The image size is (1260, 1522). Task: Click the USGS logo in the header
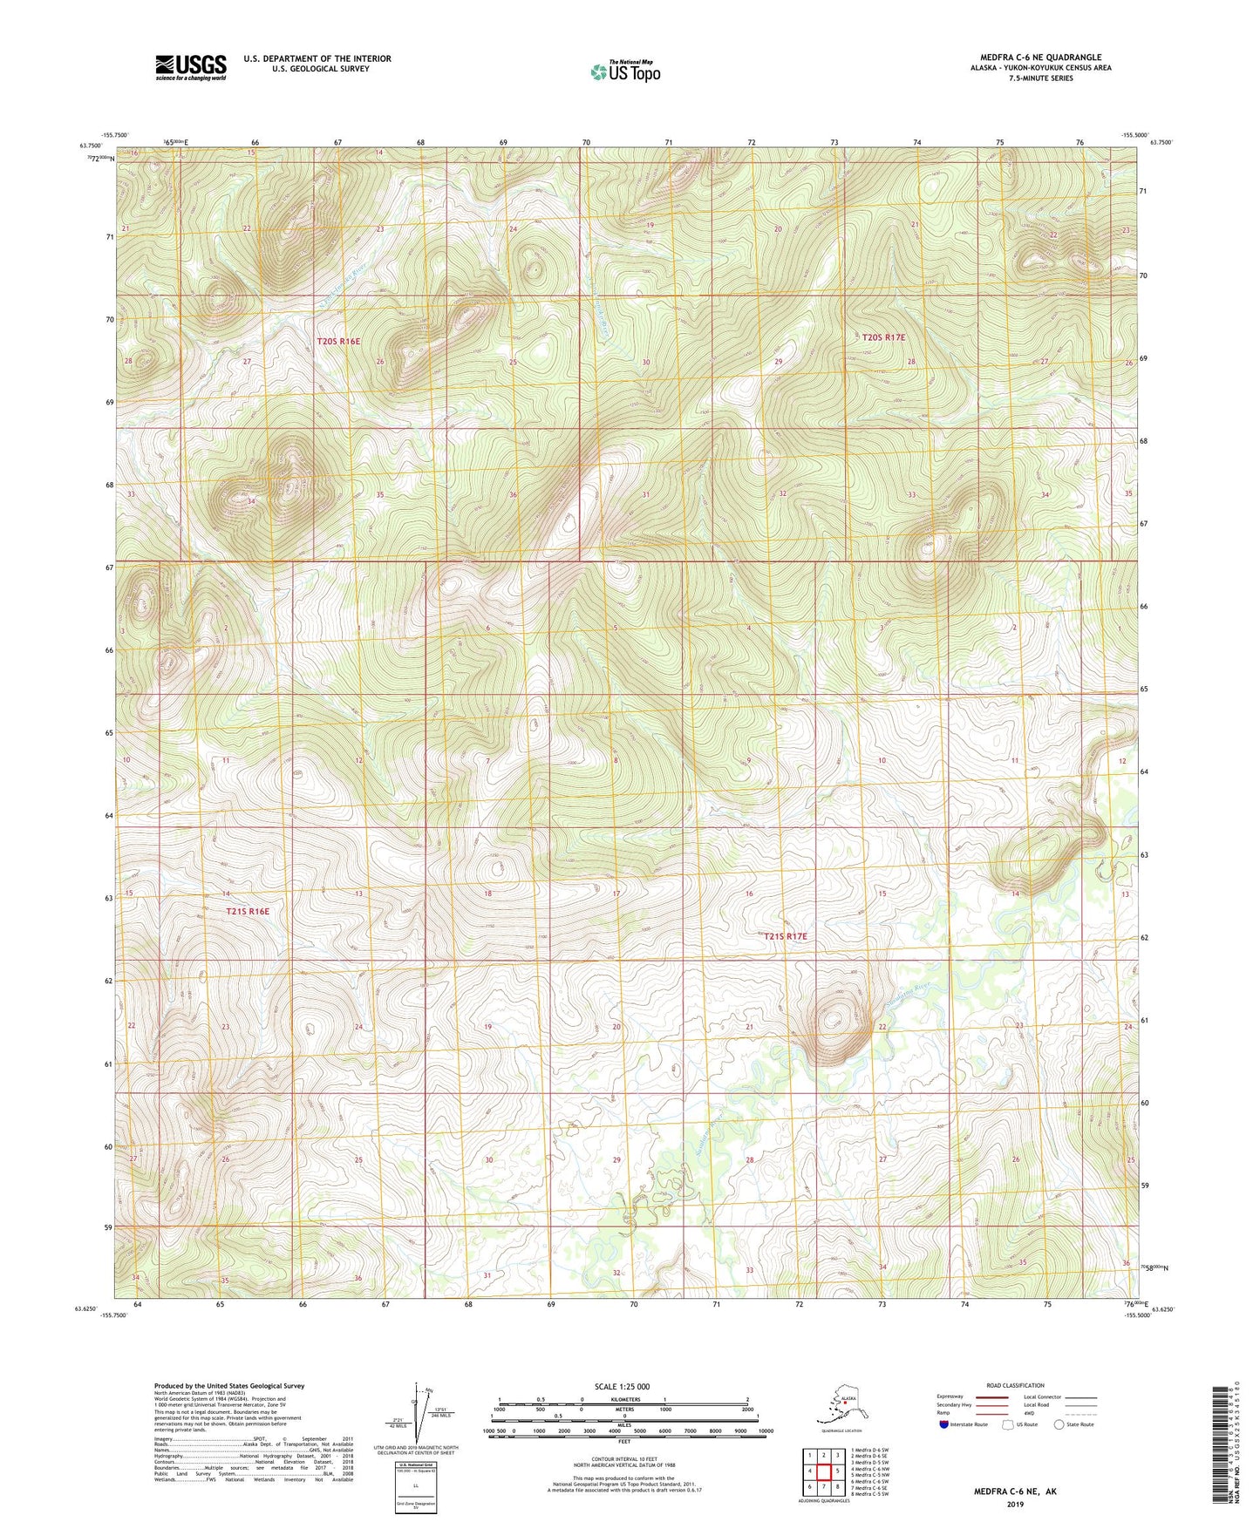pos(190,67)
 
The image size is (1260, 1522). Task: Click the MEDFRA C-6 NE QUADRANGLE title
pos(1040,58)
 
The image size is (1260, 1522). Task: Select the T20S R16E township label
pos(338,342)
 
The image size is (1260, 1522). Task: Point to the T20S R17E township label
pos(883,337)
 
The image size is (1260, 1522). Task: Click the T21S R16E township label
pos(248,912)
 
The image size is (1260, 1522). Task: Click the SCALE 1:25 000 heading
pos(623,1387)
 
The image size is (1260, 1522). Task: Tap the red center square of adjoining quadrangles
pos(823,1471)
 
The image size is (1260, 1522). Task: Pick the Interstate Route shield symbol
pos(943,1424)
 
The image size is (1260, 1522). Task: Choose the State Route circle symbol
pos(1059,1424)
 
